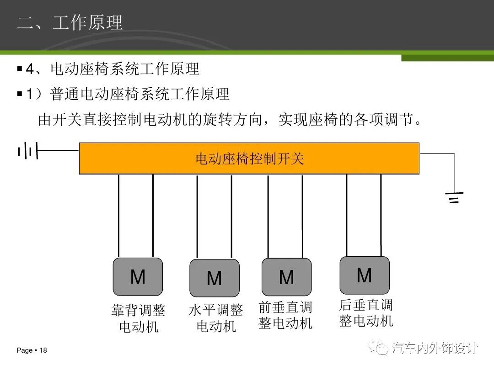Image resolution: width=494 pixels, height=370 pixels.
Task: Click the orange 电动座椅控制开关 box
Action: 249,159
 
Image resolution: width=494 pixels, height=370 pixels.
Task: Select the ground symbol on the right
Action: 454,197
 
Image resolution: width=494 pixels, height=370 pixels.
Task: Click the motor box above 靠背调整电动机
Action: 138,277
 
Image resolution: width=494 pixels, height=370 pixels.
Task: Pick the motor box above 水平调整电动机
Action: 214,278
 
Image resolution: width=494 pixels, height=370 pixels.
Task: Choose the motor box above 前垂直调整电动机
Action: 286,277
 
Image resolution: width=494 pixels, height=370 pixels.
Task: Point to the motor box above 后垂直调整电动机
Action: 365,275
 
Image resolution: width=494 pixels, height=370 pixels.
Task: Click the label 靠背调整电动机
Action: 138,318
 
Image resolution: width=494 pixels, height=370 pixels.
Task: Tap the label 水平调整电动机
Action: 216,318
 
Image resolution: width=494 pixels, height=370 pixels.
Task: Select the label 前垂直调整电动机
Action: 285,315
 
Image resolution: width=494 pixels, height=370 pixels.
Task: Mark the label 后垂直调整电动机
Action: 366,313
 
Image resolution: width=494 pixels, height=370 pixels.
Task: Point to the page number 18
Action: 43,351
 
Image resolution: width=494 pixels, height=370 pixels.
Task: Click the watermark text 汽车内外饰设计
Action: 435,348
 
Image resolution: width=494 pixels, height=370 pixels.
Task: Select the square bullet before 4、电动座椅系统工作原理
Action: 20,69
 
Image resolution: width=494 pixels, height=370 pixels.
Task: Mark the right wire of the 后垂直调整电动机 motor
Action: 381,215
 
